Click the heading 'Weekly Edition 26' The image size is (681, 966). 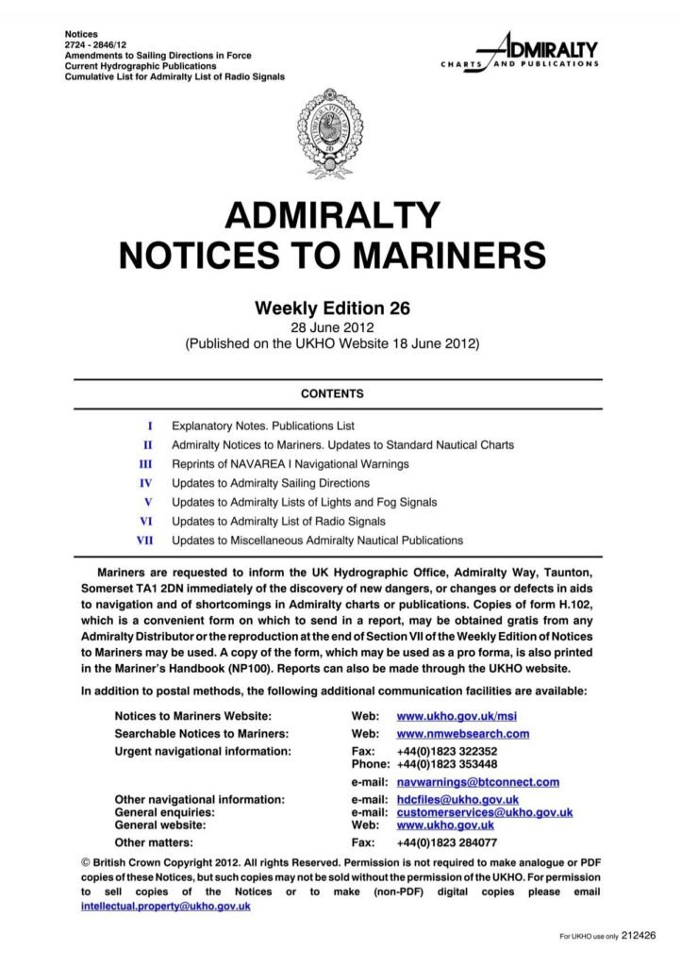coord(333,308)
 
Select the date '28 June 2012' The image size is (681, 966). coord(332,326)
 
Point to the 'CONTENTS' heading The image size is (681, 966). coord(332,393)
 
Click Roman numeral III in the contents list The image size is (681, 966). coord(145,464)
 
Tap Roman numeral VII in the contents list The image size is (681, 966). coord(145,541)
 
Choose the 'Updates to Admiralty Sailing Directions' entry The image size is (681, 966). coord(270,483)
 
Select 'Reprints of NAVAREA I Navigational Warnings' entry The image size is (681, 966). coord(290,464)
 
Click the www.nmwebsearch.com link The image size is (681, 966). coord(462,734)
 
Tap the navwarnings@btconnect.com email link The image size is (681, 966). coord(477,782)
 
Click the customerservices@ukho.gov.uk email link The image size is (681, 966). coord(484,812)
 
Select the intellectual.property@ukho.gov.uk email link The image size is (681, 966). coord(166,906)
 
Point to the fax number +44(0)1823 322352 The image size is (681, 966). coord(447,752)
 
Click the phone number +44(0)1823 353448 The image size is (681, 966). coord(447,764)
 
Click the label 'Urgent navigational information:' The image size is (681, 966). coord(203,752)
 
